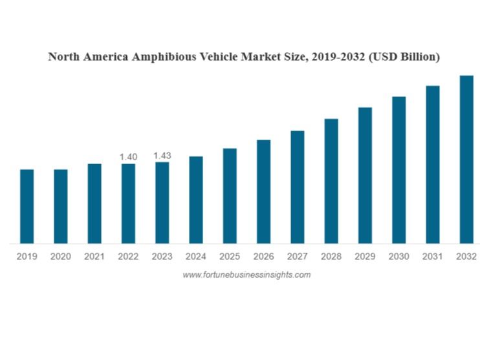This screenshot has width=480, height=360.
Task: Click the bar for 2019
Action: [x=27, y=206]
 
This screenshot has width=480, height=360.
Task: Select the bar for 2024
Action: [x=196, y=200]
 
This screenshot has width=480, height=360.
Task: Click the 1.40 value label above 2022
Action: [x=129, y=156]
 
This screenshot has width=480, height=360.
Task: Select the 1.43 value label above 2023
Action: [x=162, y=156]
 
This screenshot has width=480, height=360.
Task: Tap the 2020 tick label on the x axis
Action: [x=61, y=257]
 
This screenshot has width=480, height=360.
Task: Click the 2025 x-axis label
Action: [x=230, y=257]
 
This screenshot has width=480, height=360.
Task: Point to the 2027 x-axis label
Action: [x=298, y=257]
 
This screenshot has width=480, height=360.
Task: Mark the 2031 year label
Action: [x=433, y=257]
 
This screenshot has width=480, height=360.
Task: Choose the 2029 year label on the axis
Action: [x=365, y=257]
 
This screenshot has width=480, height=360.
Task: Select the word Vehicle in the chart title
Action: [x=227, y=57]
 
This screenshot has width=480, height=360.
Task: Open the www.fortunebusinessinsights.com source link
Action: [x=246, y=275]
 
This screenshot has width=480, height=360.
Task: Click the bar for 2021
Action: [x=94, y=204]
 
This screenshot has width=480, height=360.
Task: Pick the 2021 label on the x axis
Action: [x=94, y=257]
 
